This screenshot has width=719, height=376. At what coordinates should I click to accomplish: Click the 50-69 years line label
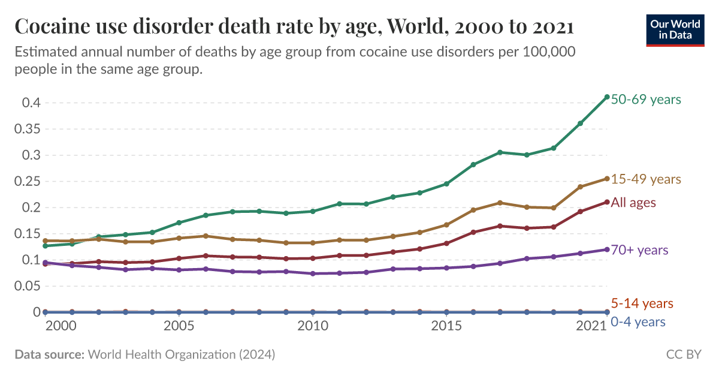click(646, 99)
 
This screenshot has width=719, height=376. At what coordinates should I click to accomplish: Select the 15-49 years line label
click(646, 179)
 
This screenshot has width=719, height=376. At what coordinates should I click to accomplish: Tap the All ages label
click(633, 203)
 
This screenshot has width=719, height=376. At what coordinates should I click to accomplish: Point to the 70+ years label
click(639, 250)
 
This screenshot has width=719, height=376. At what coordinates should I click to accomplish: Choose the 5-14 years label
click(642, 303)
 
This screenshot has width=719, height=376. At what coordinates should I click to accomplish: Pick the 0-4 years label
click(638, 322)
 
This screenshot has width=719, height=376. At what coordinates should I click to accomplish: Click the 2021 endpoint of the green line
click(607, 97)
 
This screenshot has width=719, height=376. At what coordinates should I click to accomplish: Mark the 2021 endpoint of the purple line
click(607, 249)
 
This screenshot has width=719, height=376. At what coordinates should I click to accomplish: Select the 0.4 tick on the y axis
click(31, 103)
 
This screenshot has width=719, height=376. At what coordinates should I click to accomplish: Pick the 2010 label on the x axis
click(313, 326)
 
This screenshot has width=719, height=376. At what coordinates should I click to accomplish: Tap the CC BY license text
click(684, 354)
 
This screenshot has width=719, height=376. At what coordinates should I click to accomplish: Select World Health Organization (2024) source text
click(182, 354)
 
